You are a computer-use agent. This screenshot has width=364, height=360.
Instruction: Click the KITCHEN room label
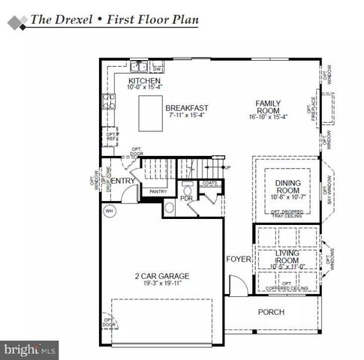tap(144, 80)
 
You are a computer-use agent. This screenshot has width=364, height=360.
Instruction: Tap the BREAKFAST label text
tap(187, 107)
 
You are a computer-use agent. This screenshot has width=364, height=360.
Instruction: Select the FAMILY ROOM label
tap(268, 108)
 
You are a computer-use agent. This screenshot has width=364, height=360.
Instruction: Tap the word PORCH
tap(271, 311)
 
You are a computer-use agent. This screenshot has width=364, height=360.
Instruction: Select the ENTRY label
tap(123, 181)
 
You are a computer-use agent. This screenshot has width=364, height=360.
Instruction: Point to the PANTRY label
tap(158, 192)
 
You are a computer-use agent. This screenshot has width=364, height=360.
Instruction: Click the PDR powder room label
tap(187, 199)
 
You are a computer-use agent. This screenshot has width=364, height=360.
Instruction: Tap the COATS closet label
tap(210, 182)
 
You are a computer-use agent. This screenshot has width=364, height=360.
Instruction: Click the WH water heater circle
tap(110, 211)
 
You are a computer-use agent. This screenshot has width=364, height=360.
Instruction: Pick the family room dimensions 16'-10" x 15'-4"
tap(268, 117)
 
